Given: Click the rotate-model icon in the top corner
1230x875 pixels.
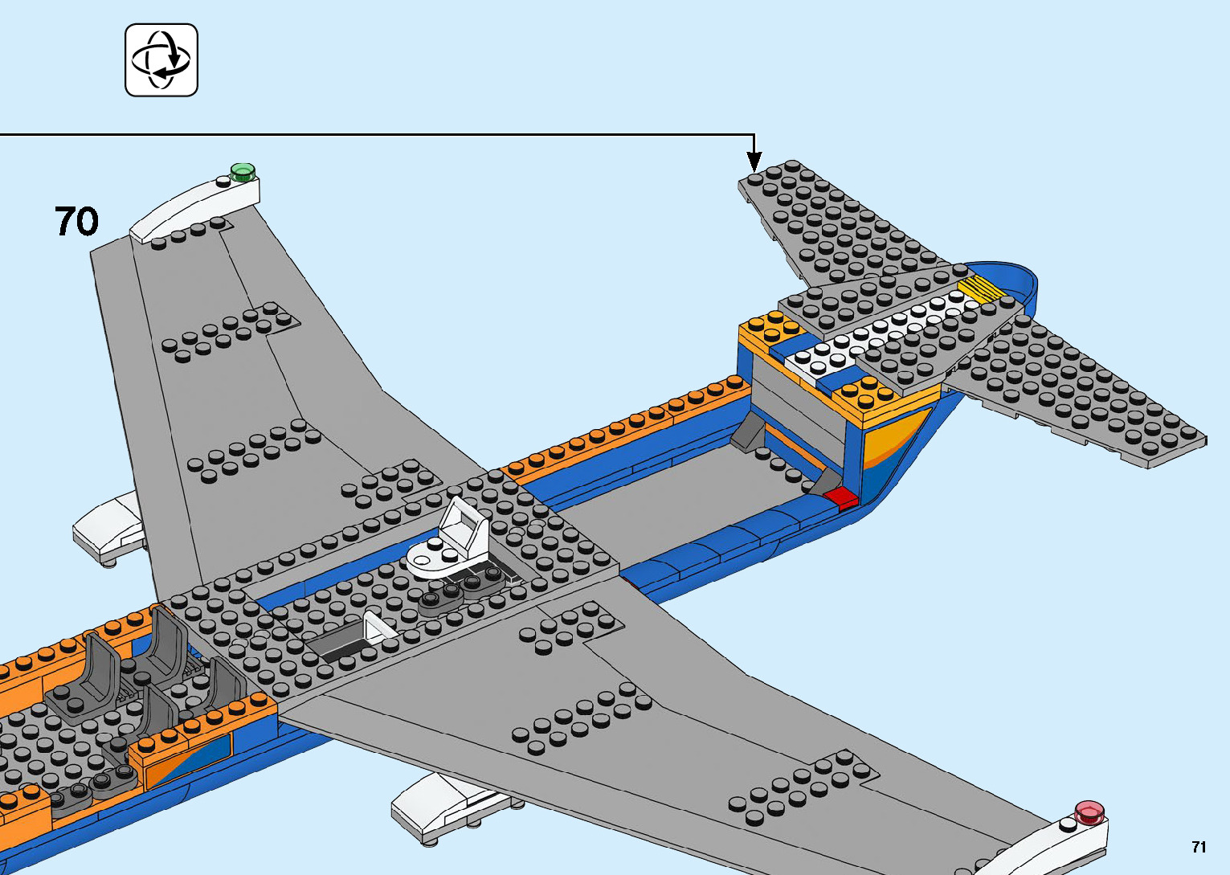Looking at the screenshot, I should coord(161,60).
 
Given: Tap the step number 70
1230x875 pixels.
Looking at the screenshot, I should coord(77,221).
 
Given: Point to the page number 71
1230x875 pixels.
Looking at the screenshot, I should coord(1199,847).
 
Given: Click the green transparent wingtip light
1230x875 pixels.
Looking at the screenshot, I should coord(242,170).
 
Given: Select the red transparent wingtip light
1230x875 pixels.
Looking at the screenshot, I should coord(1089,812).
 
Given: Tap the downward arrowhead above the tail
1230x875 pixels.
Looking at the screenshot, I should coord(754,163).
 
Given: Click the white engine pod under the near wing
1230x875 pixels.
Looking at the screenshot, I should coord(438,806).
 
